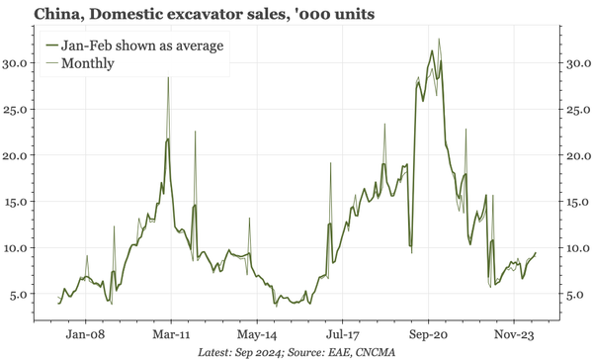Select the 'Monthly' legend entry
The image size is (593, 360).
coord(86,63)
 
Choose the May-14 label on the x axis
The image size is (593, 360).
coord(256,335)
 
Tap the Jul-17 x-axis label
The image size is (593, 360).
coord(341,335)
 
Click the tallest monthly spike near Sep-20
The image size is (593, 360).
coord(439,40)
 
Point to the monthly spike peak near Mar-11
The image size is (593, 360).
coord(168,77)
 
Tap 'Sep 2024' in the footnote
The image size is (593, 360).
coord(259,352)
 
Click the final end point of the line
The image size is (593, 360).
coord(536,253)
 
